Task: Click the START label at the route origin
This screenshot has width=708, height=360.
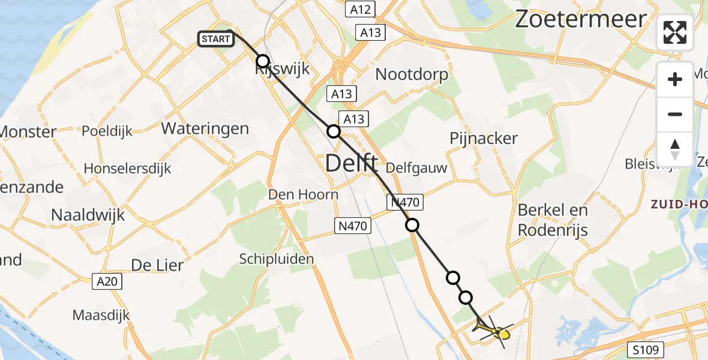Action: coord(215,40)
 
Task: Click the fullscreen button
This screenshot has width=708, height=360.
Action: coord(675,32)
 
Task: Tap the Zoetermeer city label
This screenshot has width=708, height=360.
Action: coord(581,20)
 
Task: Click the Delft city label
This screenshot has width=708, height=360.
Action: coord(352,163)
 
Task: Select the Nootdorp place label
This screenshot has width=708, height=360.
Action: coord(412,74)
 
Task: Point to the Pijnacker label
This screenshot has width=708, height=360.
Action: coord(484,139)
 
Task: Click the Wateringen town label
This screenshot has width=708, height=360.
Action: coord(205,128)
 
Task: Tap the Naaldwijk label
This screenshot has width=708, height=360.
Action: coord(88,215)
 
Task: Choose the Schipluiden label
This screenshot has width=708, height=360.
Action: coord(277,259)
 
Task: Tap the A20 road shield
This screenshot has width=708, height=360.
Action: coord(107,280)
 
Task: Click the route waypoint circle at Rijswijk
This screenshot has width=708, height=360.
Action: coord(263,61)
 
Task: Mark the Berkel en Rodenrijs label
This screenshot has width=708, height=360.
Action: coord(553,220)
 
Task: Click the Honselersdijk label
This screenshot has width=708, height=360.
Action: coord(127,169)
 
